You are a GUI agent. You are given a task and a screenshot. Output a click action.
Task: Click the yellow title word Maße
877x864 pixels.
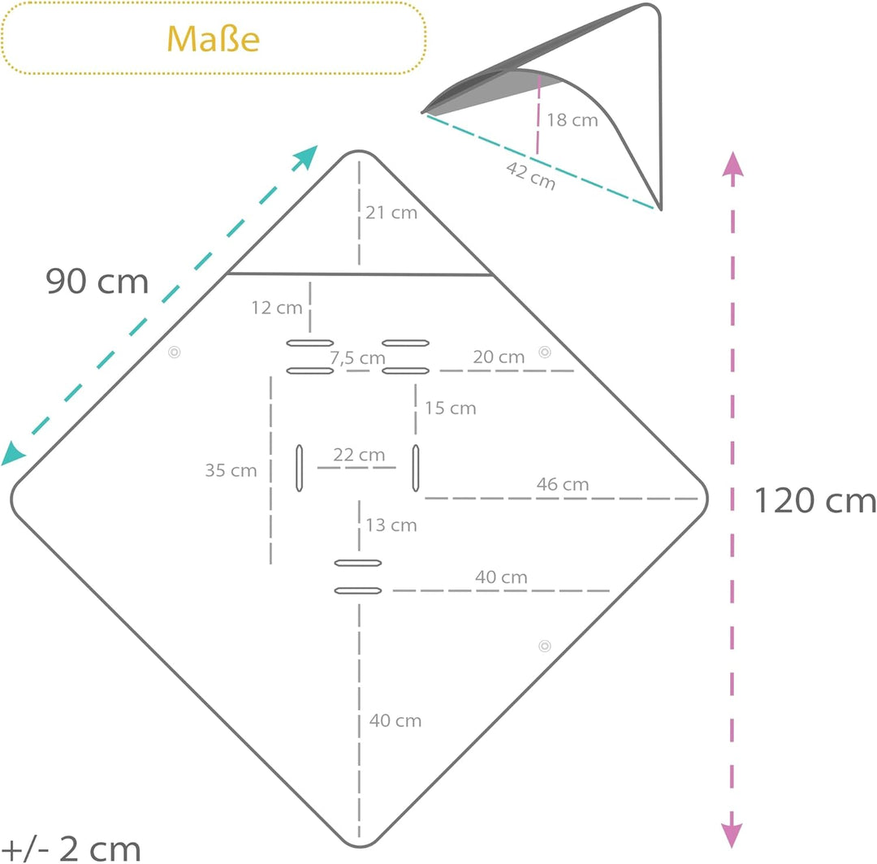coord(213,39)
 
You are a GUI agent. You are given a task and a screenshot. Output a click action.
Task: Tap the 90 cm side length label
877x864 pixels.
coord(97,281)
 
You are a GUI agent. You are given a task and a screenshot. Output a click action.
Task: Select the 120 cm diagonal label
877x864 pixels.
coord(815,500)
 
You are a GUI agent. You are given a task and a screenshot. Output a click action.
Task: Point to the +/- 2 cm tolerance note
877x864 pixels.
coord(71,849)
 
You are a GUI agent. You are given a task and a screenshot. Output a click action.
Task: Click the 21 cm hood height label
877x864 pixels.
coord(391,213)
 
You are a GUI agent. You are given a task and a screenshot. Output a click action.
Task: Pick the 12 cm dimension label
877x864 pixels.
coord(277,308)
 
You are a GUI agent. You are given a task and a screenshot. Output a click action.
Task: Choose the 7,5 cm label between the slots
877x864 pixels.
coord(357,358)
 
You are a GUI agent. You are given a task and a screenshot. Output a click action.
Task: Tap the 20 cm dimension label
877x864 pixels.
coord(499,356)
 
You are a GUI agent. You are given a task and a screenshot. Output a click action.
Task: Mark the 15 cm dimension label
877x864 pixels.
coord(450,408)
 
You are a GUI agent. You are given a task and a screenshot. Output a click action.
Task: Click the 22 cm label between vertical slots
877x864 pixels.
coord(359,455)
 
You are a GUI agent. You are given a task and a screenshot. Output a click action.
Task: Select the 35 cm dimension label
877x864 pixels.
coord(231,470)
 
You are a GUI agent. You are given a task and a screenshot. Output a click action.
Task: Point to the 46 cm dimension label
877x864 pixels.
coord(563,484)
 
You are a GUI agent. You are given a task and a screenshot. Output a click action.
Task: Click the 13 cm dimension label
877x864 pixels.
coord(391,525)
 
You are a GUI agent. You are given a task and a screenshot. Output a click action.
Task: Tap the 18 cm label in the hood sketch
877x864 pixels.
coord(572,119)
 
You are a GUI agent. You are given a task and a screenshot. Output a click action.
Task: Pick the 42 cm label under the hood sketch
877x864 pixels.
coord(531,175)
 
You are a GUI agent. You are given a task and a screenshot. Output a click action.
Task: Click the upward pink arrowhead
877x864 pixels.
coord(732,164)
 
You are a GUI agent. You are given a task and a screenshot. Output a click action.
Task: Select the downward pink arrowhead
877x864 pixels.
coord(732,836)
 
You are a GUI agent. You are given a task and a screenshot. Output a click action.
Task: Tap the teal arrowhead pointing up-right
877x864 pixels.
coord(305,158)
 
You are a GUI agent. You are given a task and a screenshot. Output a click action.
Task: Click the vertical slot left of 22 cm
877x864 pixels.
coord(299,468)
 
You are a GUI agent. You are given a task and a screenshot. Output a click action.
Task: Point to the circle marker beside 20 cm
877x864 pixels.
coord(545,352)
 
